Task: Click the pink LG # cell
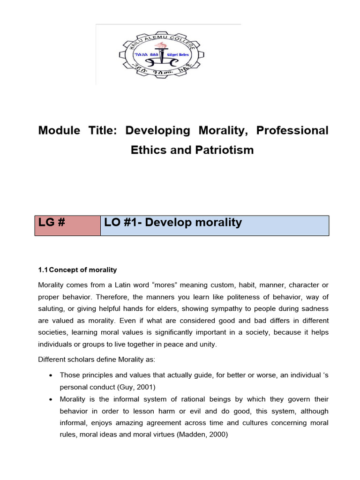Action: pyautogui.click(x=67, y=225)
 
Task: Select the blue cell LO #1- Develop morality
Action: pyautogui.click(x=215, y=225)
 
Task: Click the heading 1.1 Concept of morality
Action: pyautogui.click(x=77, y=270)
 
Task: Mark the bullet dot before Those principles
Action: pyautogui.click(x=50, y=376)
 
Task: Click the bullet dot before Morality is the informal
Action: pyautogui.click(x=50, y=399)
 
